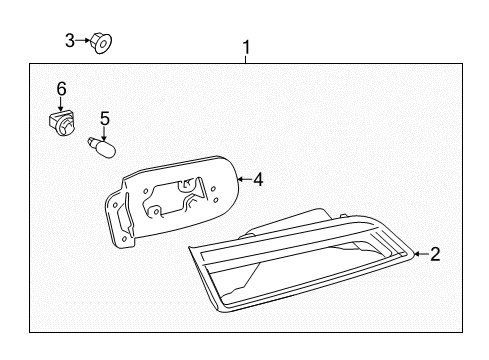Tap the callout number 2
click(x=435, y=255)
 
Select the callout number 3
click(x=70, y=40)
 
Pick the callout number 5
click(x=104, y=117)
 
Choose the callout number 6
click(x=61, y=90)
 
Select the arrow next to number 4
click(x=243, y=180)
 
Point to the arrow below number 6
click(x=61, y=104)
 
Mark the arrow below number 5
click(x=104, y=130)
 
